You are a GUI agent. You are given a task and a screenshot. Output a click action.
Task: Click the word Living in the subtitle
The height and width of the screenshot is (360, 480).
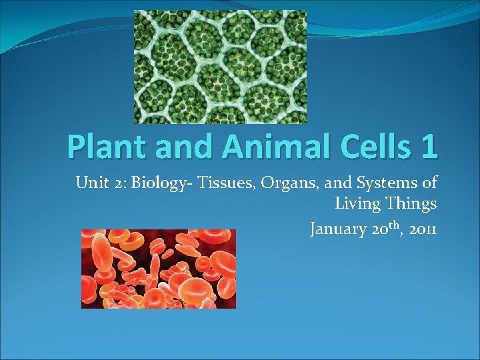point(355,204)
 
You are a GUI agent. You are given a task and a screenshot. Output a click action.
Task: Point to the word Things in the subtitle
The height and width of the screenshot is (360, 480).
point(409,204)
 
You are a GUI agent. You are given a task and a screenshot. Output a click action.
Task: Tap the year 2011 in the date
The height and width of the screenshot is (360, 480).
point(423,230)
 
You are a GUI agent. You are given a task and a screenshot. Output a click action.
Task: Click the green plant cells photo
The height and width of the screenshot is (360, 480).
point(220,67)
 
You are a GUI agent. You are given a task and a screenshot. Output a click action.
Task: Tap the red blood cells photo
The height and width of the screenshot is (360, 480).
point(158,269)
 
